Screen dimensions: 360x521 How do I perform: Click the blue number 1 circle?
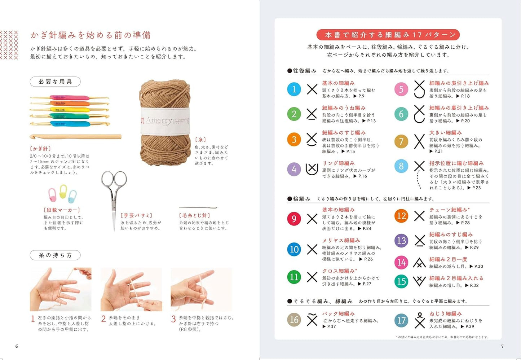pyautogui.click(x=294, y=89)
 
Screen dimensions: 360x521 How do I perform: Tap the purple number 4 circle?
pyautogui.click(x=294, y=169)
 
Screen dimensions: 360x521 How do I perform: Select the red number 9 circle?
pyautogui.click(x=294, y=219)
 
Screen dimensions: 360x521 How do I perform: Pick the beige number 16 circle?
pyautogui.click(x=294, y=320)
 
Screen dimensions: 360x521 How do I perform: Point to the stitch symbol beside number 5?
pyautogui.click(x=419, y=89)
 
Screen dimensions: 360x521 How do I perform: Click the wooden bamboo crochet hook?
pyautogui.click(x=75, y=137)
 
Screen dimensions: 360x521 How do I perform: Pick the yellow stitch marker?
pyautogui.click(x=63, y=192)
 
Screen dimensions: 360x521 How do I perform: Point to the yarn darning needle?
pyautogui.click(x=198, y=208)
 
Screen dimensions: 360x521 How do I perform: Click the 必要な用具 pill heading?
pyautogui.click(x=55, y=82)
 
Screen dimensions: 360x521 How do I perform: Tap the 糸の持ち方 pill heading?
pyautogui.click(x=55, y=255)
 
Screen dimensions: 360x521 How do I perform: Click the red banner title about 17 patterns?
pyautogui.click(x=388, y=35)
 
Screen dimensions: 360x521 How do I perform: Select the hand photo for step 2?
pyautogui.click(x=131, y=289)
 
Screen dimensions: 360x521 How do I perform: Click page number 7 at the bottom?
pyautogui.click(x=502, y=346)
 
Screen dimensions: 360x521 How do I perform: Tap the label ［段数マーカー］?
pyautogui.click(x=62, y=210)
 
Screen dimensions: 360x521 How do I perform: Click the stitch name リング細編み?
pyautogui.click(x=338, y=163)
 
